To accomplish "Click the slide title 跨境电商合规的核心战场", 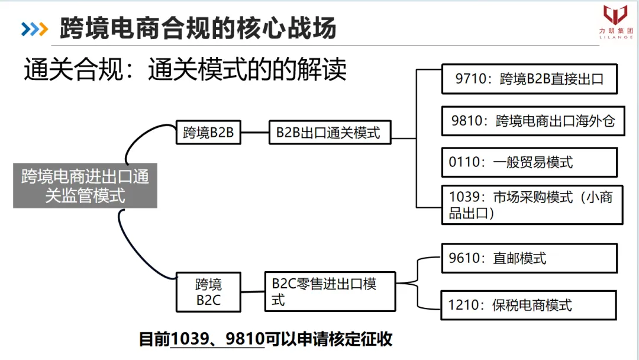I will point(198,28).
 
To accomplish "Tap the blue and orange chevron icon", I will point(34,28).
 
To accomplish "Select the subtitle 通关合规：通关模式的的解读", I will point(185,70).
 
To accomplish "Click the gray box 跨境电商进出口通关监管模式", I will point(85,185).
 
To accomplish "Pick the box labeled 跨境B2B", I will point(208,132).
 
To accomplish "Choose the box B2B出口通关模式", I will point(330,132).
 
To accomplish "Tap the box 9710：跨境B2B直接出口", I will point(529,79).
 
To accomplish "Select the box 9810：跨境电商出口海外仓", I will point(532,121).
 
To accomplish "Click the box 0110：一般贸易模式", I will point(529,162).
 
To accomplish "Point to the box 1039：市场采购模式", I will point(532,205).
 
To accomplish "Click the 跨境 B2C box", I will point(208,292).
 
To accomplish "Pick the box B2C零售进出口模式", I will point(330,292).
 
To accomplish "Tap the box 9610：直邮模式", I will point(529,258).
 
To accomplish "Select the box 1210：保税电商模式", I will point(529,305).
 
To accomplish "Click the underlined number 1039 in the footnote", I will point(188,340).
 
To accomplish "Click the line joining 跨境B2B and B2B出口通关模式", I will point(255,132).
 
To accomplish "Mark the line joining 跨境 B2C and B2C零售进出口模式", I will point(253,292).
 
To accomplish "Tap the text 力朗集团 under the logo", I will point(615,31).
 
